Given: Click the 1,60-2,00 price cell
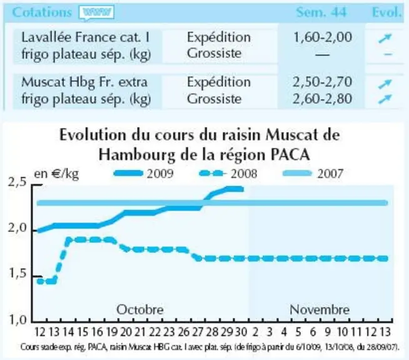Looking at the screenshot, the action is click(323, 37).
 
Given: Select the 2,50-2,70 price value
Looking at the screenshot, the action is click(323, 82).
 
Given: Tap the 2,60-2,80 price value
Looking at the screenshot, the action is click(323, 99).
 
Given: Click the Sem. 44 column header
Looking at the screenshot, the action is click(321, 12).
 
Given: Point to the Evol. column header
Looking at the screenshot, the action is click(386, 12).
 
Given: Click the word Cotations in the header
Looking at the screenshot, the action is click(42, 12).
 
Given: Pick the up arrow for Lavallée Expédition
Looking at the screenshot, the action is click(385, 38).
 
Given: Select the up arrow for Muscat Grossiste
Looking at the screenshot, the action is click(385, 99).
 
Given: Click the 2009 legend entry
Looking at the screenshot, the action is click(143, 173).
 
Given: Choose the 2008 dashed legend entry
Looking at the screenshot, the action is click(228, 173).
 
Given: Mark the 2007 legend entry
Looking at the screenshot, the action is click(313, 173).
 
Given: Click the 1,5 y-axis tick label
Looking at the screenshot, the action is click(18, 274).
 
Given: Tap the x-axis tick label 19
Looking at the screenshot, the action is click(111, 332).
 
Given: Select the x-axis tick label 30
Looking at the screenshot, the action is click(241, 332).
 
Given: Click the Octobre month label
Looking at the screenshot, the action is click(140, 310).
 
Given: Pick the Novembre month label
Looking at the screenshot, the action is click(320, 310).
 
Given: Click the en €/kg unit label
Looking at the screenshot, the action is click(56, 174).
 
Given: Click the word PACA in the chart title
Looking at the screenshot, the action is click(290, 155).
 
